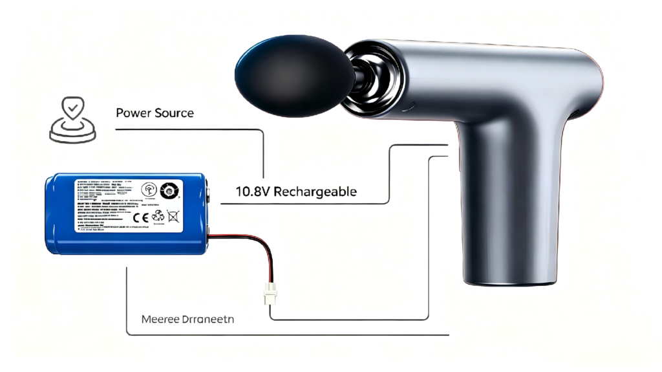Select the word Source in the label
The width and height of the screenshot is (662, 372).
174,113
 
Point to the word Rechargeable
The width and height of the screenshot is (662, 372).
315,191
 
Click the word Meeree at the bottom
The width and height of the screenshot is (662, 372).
160,320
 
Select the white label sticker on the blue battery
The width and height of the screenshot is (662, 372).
128,204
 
